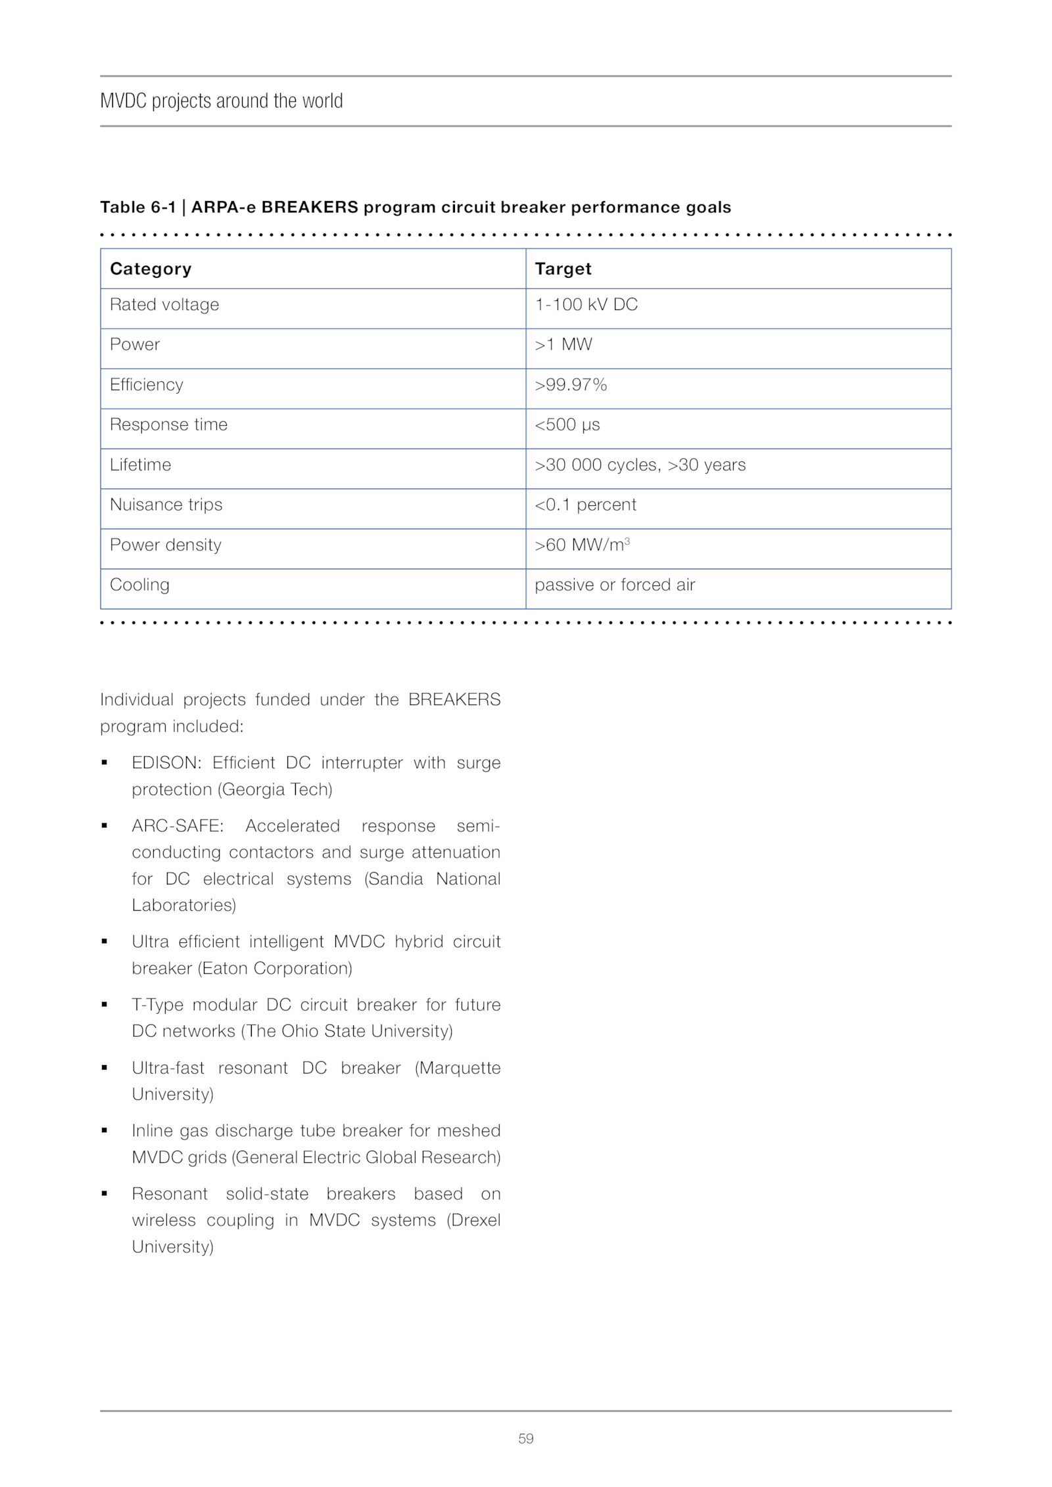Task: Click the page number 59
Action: click(525, 1438)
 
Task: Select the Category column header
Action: click(151, 269)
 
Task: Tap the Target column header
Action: click(563, 269)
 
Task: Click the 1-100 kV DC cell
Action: click(586, 305)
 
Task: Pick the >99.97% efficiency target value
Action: click(571, 385)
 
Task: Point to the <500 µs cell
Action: click(567, 425)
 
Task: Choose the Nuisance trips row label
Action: click(166, 505)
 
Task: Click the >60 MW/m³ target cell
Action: click(582, 545)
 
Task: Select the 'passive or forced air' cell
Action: click(614, 585)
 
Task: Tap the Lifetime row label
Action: click(140, 465)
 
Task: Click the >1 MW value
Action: click(563, 345)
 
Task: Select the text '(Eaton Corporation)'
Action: click(275, 969)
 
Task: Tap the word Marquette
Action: click(459, 1068)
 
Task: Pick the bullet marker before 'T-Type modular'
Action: click(105, 1005)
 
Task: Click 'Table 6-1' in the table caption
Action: click(137, 208)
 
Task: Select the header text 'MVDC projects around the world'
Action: click(222, 101)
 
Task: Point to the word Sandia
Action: click(394, 879)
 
